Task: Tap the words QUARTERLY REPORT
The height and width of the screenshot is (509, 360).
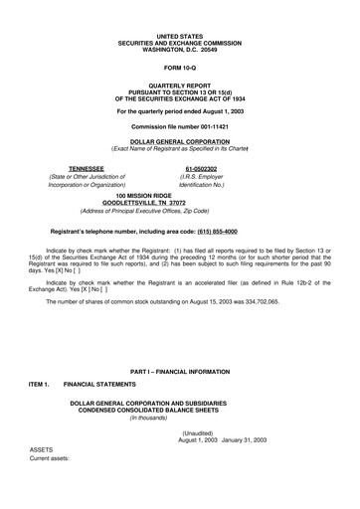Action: [x=180, y=85]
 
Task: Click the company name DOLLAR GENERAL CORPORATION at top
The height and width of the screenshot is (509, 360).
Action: [x=179, y=142]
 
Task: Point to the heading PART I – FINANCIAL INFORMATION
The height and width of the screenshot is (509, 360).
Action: [x=179, y=370]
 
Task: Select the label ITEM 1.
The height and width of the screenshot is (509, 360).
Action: [x=41, y=383]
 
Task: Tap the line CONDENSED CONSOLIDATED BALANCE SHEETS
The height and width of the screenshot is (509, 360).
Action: [x=180, y=409]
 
